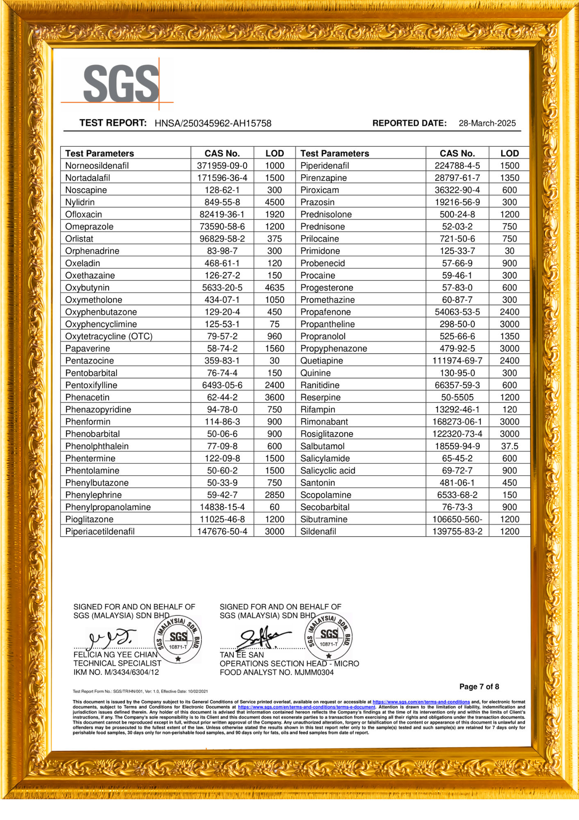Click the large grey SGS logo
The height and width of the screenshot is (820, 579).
(121, 84)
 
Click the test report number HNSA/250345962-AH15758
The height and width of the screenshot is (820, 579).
(213, 123)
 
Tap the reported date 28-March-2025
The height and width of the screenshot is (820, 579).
(487, 123)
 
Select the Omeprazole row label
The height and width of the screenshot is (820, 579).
(89, 227)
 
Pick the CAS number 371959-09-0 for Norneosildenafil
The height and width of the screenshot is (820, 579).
(222, 166)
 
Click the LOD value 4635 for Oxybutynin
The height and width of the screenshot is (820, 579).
(274, 288)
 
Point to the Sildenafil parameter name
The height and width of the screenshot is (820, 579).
(318, 532)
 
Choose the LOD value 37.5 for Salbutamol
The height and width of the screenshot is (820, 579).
(509, 446)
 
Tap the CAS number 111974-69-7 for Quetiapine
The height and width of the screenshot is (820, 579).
(457, 361)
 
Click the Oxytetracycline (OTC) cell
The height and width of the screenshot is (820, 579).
(109, 337)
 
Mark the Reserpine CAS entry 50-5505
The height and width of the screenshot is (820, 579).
(457, 397)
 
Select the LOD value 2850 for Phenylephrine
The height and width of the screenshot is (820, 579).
(274, 495)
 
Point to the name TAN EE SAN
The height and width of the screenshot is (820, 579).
(242, 655)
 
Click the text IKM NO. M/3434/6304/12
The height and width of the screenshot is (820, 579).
(116, 672)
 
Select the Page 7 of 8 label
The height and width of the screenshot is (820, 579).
(479, 687)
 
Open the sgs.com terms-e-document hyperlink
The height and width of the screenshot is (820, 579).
(306, 707)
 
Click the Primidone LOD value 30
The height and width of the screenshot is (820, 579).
(509, 251)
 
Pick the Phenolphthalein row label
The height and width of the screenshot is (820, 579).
(97, 446)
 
